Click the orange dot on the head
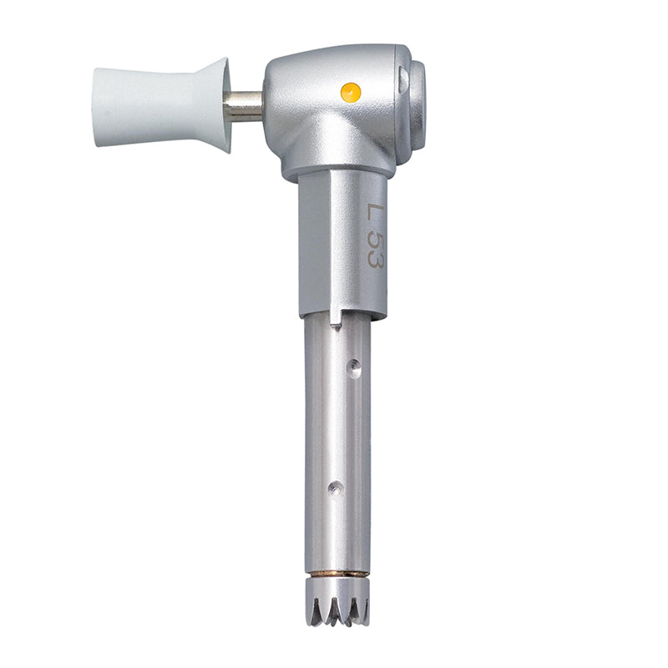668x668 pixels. [x=352, y=92]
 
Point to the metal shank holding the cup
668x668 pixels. [x=243, y=106]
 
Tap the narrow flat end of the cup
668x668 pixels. [x=95, y=106]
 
